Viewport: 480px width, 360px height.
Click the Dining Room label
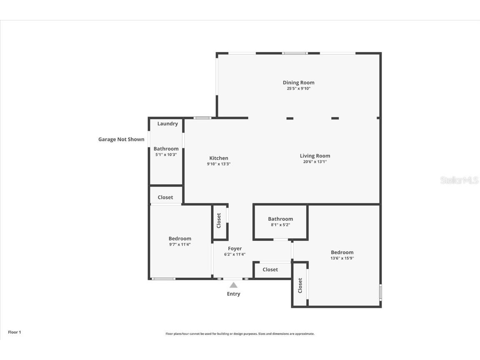(x=298, y=82)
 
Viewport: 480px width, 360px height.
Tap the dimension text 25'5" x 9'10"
(x=298, y=88)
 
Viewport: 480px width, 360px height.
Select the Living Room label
(x=315, y=156)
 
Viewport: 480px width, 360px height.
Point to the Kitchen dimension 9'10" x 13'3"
(x=218, y=164)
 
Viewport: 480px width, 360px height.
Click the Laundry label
(x=167, y=124)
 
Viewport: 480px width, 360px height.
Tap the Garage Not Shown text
(x=121, y=140)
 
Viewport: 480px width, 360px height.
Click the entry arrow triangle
(x=233, y=285)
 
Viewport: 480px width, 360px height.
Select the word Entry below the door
(x=233, y=294)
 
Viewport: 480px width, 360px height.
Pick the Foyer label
(x=235, y=249)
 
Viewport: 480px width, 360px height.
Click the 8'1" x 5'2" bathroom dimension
(x=280, y=225)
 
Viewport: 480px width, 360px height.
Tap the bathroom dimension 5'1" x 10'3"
(x=166, y=155)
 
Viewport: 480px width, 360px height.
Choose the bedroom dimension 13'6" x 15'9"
(x=342, y=258)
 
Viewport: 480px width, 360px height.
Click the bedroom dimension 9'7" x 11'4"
(x=180, y=245)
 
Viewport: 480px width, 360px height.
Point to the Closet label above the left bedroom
(x=165, y=197)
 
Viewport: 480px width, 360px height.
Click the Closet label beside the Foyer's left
(x=219, y=221)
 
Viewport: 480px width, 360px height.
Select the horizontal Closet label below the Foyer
(x=270, y=270)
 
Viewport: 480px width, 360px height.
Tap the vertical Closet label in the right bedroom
(x=300, y=285)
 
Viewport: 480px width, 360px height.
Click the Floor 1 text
(x=14, y=332)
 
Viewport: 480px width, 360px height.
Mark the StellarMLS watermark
(x=459, y=180)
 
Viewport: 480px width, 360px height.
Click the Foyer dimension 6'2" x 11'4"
(x=235, y=254)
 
